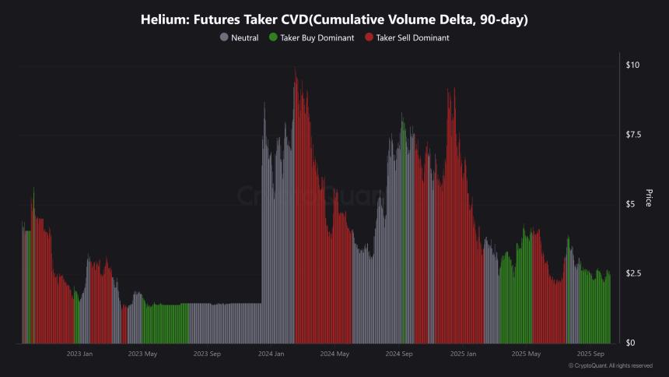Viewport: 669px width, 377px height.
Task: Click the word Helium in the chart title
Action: coord(161,18)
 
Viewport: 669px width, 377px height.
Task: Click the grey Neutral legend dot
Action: coord(225,37)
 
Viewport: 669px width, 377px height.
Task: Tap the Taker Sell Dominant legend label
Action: coord(412,37)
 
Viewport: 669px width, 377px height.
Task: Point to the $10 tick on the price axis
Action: coord(632,65)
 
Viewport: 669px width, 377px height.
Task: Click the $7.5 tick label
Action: coord(634,135)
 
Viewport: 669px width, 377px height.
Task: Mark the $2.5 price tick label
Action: coord(634,273)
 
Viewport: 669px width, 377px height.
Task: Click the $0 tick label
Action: coord(630,343)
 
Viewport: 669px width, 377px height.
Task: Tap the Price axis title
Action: coord(649,203)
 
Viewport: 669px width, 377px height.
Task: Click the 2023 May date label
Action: coord(142,354)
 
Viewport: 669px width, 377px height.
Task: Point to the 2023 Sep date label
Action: coord(206,354)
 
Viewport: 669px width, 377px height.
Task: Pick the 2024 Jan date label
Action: coord(270,354)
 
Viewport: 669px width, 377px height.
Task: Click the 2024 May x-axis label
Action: coord(334,354)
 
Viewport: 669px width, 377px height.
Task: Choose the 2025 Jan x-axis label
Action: coord(462,354)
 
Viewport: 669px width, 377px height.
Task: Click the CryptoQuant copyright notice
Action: coord(610,365)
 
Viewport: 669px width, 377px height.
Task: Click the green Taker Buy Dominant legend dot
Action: coord(272,37)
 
